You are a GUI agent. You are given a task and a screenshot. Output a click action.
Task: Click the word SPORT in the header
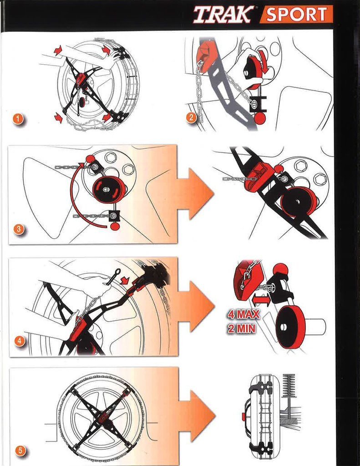pos(296,15)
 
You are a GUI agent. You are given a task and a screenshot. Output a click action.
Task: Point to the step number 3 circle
pos(18,229)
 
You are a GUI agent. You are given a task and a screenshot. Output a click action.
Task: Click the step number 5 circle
pos(20,451)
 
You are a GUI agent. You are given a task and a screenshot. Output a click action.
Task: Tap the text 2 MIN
pos(241,329)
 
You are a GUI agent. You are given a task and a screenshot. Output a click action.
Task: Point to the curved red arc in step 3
pos(73,196)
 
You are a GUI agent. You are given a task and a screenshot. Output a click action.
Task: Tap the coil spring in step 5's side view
pos(289,386)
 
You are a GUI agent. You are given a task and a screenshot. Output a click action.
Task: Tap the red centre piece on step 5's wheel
pos(101,416)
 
